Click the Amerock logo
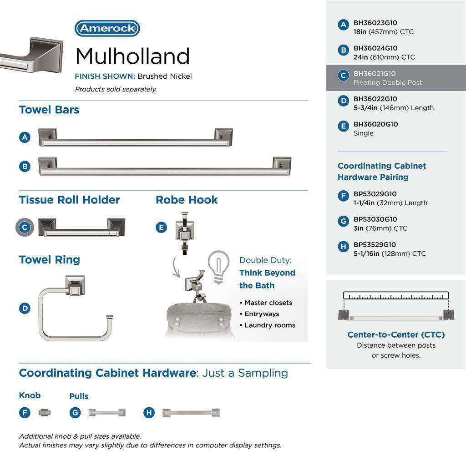(107, 29)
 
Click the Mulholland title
(132, 56)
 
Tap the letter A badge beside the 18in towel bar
(25, 137)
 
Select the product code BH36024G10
(375, 48)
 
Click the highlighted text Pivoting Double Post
(388, 83)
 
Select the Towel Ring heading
(49, 260)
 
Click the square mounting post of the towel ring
(76, 285)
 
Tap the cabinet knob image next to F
(45, 413)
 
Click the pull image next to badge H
(191, 413)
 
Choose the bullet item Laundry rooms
(270, 325)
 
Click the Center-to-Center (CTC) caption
(396, 335)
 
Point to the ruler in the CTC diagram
(396, 295)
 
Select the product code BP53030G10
(375, 219)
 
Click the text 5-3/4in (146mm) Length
(394, 108)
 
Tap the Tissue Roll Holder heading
(69, 200)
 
